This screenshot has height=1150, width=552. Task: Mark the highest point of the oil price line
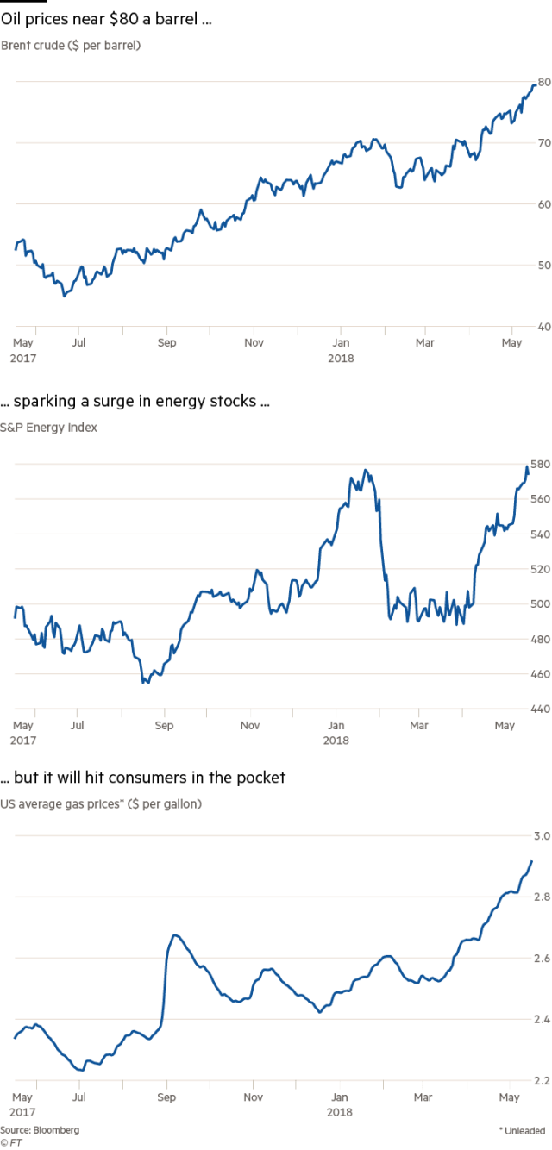click(536, 84)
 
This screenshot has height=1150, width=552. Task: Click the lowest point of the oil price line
click(64, 296)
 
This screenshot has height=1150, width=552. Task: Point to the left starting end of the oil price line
click(16, 250)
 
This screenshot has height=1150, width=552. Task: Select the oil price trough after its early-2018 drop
click(398, 186)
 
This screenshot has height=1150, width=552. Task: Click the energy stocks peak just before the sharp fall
click(367, 471)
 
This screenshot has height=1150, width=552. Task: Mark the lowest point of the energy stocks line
click(145, 682)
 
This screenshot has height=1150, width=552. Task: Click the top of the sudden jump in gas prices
click(175, 935)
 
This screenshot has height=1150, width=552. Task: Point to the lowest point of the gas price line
click(80, 1070)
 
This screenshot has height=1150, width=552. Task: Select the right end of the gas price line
click(532, 860)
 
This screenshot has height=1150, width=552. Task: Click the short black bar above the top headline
click(23, 3)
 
